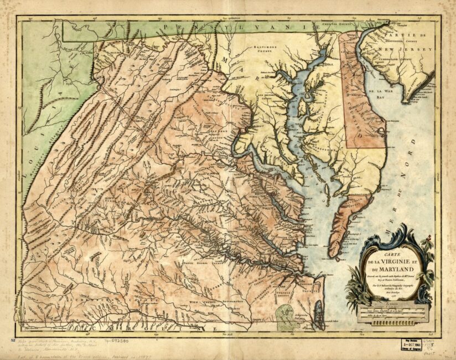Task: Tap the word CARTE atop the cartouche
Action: pos(384,256)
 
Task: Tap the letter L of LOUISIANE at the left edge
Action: pos(25,163)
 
